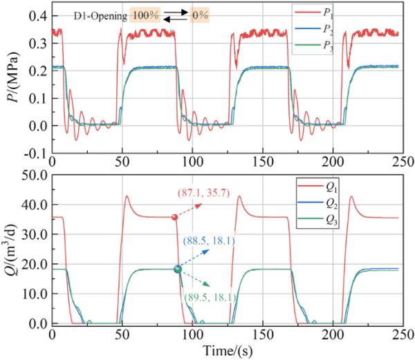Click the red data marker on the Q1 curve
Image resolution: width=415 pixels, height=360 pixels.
174,218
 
